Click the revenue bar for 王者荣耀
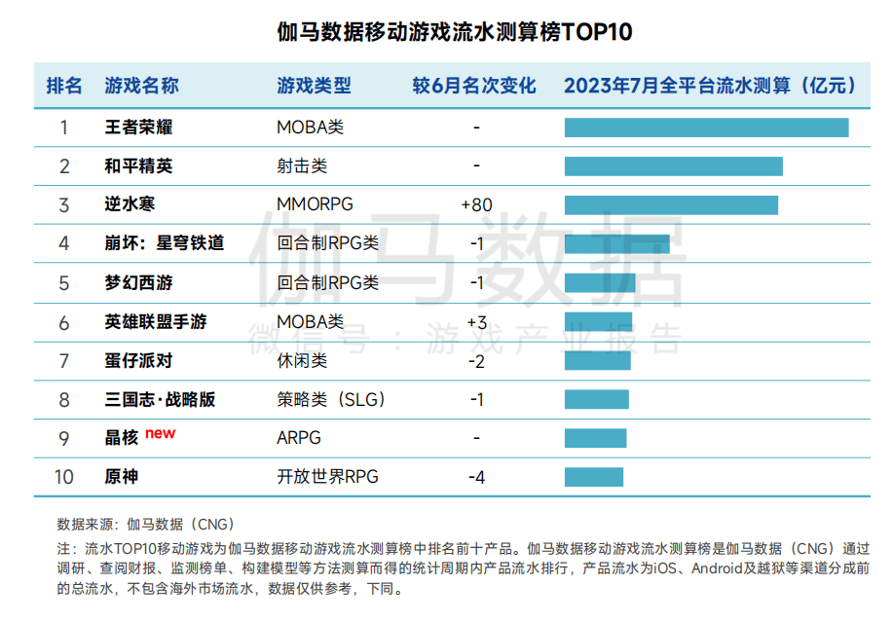706,128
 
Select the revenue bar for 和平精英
674,166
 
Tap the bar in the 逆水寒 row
671,204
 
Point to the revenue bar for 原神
594,477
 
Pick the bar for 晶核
596,438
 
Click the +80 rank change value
476,204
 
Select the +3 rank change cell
476,321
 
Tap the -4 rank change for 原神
476,477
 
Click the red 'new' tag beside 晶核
161,433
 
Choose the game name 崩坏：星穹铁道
165,243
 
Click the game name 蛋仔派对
138,360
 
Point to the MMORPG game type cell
315,204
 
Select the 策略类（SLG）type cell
332,399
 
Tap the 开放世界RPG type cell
327,477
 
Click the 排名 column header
64,86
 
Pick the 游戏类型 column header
314,86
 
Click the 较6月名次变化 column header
474,86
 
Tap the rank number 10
64,477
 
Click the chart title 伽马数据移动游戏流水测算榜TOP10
447,31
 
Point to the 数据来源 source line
146,524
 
